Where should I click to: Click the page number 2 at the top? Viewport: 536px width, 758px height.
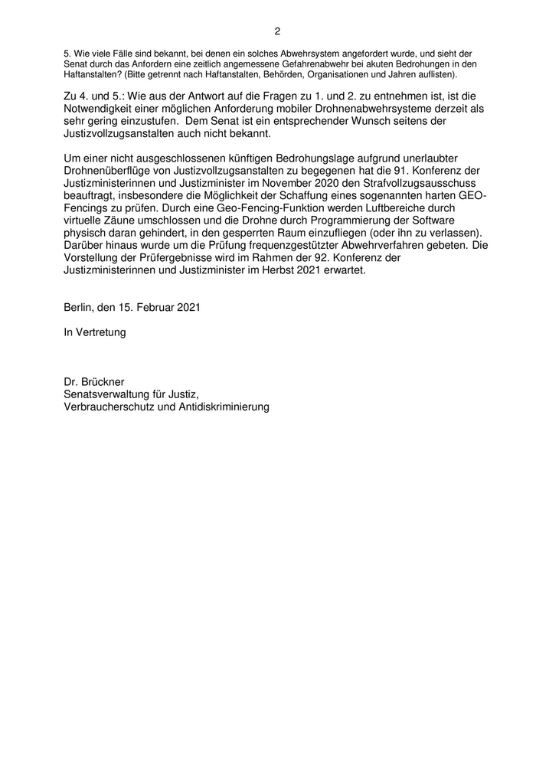(x=277, y=31)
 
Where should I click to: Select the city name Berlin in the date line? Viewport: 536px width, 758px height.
(x=80, y=308)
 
